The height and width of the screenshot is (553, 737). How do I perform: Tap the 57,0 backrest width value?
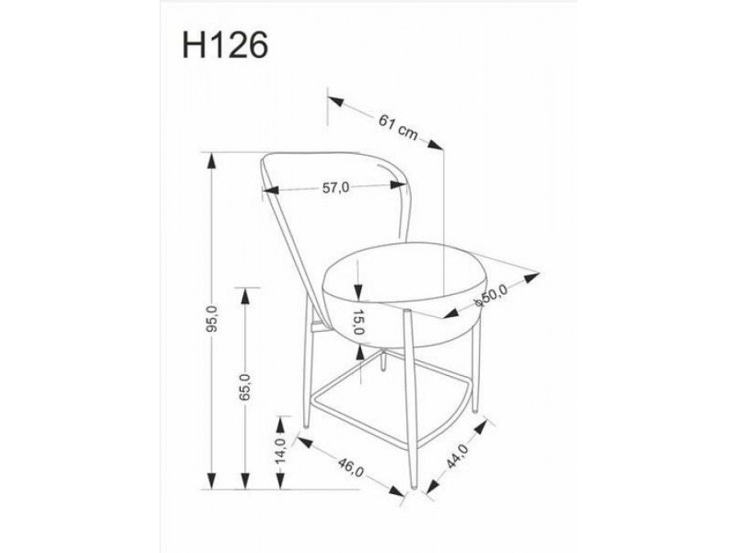[335, 188]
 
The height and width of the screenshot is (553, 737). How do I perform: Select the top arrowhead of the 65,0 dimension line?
[244, 292]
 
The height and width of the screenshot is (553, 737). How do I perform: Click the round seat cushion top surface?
[401, 274]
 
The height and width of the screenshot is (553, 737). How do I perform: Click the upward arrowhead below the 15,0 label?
[359, 350]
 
